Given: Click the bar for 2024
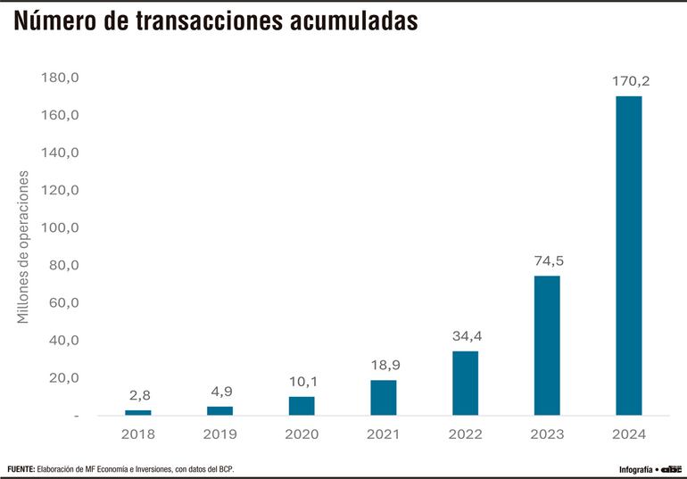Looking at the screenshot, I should pos(628,255).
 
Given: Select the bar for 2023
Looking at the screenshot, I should pos(547,345).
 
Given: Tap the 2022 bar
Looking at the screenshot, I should pos(465,383).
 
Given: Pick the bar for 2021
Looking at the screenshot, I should pos(384,397).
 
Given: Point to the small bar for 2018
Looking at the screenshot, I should pos(138,412).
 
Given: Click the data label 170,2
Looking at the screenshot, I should pos(631,81).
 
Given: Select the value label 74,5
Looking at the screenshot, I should pos(548,261).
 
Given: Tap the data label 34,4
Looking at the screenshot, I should pos(466,336).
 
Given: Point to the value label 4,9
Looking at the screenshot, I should pos(220,392).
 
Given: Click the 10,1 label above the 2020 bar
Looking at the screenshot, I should pos(302,382).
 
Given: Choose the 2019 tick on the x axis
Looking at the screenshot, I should pos(220,434).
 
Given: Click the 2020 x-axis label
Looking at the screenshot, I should pos(302,434).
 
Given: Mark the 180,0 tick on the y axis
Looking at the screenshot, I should pos(61,78).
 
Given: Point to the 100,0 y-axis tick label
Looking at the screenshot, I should pos(61,227).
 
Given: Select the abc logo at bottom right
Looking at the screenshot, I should pos(671,468).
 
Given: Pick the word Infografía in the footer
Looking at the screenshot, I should pos(635,469).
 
